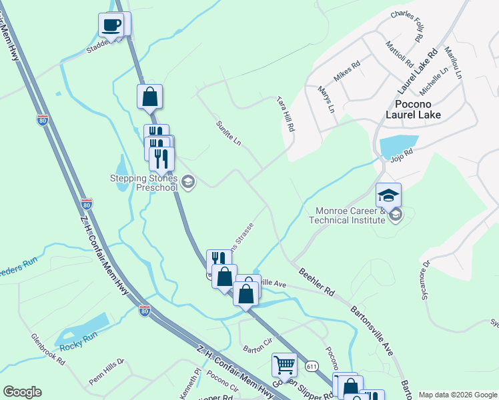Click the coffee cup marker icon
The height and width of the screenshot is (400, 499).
click(111, 25)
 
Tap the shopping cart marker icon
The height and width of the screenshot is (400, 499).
click(285, 365)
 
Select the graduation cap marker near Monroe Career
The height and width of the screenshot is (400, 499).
click(388, 195)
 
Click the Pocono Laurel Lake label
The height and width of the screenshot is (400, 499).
click(418, 109)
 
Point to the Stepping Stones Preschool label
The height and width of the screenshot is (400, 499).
click(145, 183)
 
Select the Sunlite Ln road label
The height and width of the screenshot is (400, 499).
click(227, 135)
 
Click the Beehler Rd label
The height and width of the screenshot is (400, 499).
click(316, 282)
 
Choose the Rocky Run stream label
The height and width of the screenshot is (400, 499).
click(79, 346)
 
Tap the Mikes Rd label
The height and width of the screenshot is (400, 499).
click(347, 72)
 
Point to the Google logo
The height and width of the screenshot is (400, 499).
click(23, 392)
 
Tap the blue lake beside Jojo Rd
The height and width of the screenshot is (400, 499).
click(398, 145)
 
